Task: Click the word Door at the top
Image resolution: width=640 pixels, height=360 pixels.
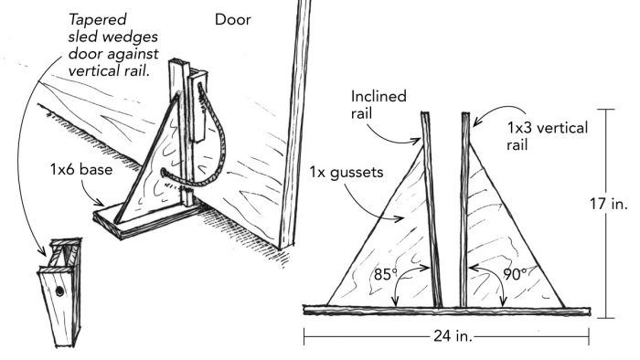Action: click(x=233, y=18)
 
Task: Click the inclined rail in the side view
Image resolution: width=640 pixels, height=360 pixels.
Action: click(x=432, y=210)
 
